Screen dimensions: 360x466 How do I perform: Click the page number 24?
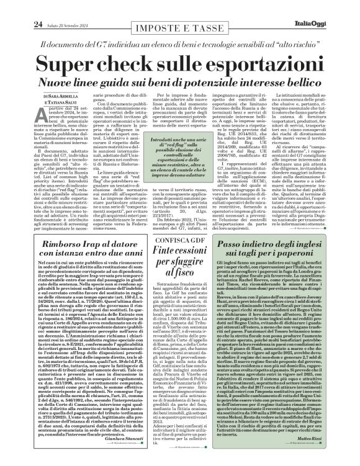tap(20, 7)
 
